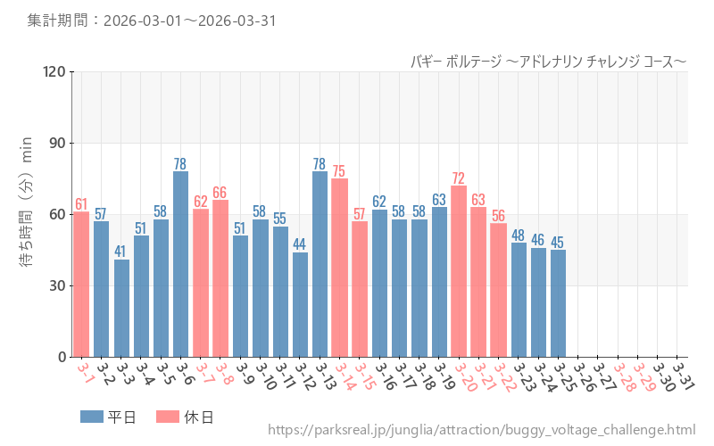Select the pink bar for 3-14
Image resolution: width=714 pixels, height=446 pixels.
tap(340, 268)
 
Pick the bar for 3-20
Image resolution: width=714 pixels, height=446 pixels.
tap(459, 271)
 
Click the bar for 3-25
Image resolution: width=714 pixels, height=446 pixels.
tap(558, 303)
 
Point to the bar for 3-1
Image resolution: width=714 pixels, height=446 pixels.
tap(81, 284)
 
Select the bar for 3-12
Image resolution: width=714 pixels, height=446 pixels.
tap(300, 304)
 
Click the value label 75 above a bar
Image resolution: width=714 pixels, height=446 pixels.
tap(339, 171)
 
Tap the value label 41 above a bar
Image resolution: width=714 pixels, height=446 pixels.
tap(121, 252)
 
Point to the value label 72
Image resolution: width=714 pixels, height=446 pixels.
tap(459, 178)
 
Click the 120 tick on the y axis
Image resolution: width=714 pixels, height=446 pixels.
tap(55, 71)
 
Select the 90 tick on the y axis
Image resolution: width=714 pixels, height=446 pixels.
tap(59, 143)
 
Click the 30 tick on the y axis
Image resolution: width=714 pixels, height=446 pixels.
tap(59, 285)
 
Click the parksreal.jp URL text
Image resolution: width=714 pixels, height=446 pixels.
tap(482, 430)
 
